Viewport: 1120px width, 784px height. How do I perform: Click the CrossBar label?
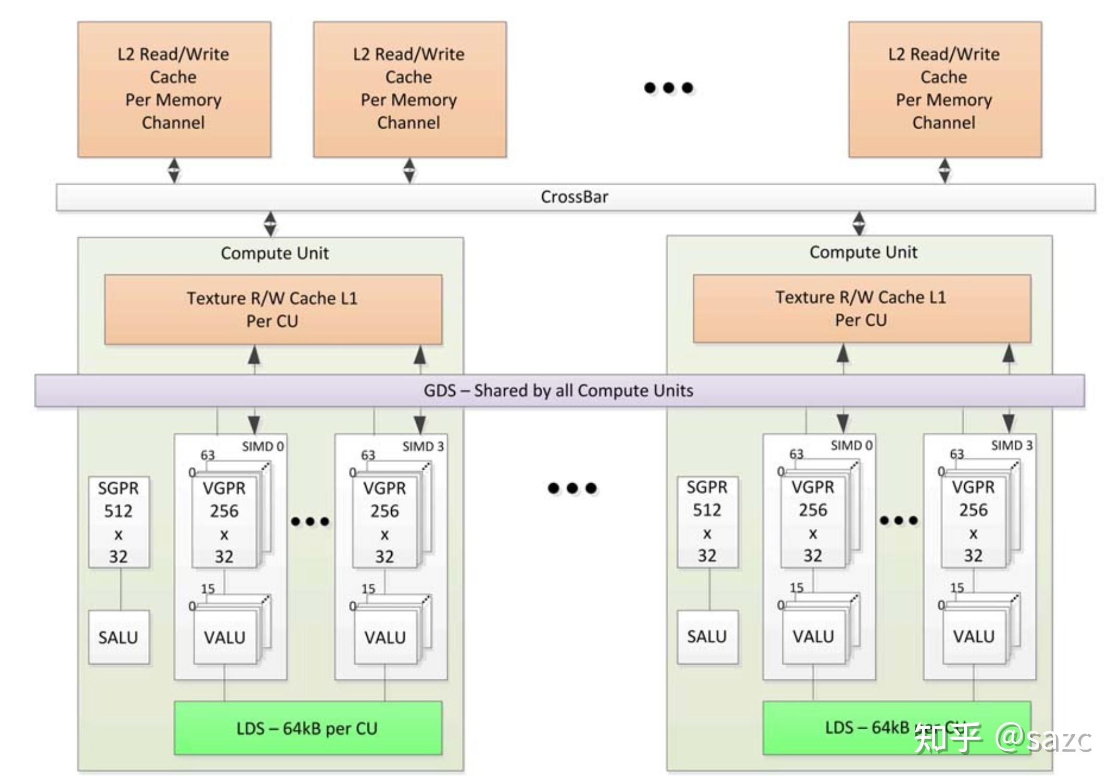pyautogui.click(x=574, y=197)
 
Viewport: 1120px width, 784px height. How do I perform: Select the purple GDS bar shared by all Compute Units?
pyautogui.click(x=558, y=390)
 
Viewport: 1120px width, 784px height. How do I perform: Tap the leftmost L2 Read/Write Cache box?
pyautogui.click(x=174, y=89)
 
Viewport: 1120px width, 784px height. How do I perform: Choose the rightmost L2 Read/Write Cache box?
pyautogui.click(x=944, y=89)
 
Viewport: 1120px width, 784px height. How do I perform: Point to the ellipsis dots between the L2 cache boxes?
pyautogui.click(x=668, y=88)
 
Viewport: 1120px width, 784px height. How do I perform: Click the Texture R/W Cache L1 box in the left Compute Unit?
pyautogui.click(x=273, y=310)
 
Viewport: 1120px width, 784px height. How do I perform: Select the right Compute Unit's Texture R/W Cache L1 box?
pyautogui.click(x=862, y=309)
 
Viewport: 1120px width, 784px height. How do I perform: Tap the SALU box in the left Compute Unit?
pyautogui.click(x=119, y=637)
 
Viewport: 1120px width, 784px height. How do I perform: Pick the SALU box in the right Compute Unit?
pyautogui.click(x=707, y=636)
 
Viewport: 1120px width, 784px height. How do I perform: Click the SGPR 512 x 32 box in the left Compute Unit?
pyautogui.click(x=119, y=522)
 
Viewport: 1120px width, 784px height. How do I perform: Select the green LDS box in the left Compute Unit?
pyautogui.click(x=307, y=728)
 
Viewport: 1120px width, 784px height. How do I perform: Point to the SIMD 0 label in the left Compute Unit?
pyautogui.click(x=263, y=447)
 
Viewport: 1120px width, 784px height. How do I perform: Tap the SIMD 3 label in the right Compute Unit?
pyautogui.click(x=1011, y=446)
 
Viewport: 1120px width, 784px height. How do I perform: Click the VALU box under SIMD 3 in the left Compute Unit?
pyautogui.click(x=385, y=637)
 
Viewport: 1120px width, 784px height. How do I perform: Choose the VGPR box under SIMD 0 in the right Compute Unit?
pyautogui.click(x=813, y=521)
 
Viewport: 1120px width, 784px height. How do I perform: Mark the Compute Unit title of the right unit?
pyautogui.click(x=863, y=252)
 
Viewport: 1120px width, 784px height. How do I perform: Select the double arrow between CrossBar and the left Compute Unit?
pyautogui.click(x=270, y=224)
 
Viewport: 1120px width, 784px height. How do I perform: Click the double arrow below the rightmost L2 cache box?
pyautogui.click(x=944, y=170)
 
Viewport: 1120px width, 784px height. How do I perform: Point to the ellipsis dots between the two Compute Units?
pyautogui.click(x=572, y=488)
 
